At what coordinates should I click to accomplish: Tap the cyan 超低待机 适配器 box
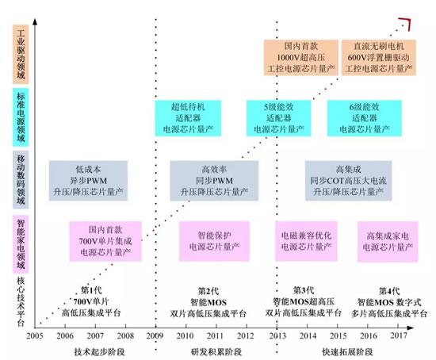[194, 116]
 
